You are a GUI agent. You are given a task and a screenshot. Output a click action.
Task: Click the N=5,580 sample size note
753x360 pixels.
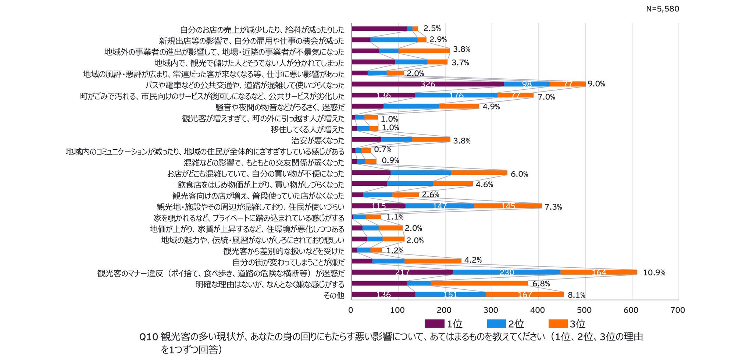(662, 9)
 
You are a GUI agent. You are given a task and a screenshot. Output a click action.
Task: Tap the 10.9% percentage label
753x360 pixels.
(654, 273)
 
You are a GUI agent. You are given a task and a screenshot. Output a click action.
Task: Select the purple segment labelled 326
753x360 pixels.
(428, 84)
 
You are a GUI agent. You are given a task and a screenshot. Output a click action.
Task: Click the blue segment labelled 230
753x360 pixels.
(507, 272)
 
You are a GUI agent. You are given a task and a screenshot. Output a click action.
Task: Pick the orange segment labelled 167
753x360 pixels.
(525, 295)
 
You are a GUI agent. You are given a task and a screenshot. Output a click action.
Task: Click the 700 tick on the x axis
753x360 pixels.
(678, 310)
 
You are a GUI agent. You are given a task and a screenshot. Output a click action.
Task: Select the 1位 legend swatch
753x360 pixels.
(434, 324)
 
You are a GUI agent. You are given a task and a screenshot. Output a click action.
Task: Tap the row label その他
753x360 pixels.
(334, 295)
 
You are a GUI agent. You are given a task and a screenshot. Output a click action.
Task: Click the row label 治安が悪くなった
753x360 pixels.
(318, 140)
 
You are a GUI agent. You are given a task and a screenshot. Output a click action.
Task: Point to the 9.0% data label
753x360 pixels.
(596, 84)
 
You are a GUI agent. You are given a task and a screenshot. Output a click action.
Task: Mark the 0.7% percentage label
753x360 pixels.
(383, 150)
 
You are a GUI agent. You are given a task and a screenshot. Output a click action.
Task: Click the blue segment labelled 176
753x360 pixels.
(456, 95)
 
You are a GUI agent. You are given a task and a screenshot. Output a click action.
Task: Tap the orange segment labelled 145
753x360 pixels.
(508, 206)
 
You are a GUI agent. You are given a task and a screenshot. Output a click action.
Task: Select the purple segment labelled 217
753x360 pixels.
(402, 272)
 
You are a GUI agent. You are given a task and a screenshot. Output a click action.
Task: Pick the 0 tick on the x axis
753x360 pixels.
(351, 310)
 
